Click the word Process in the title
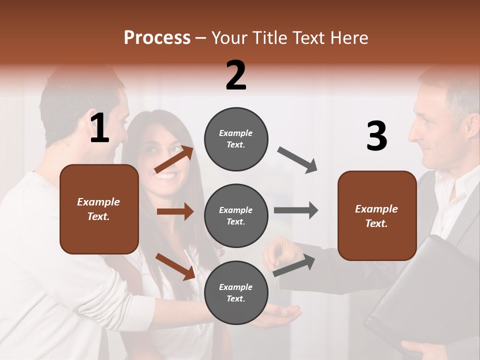click(157, 37)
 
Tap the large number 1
click(99, 128)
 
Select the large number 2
click(236, 75)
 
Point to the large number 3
click(376, 136)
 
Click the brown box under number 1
click(99, 209)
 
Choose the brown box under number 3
click(377, 216)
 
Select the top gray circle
click(236, 139)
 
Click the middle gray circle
click(236, 215)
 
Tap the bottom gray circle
click(236, 292)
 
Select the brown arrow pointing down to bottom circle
click(175, 266)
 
